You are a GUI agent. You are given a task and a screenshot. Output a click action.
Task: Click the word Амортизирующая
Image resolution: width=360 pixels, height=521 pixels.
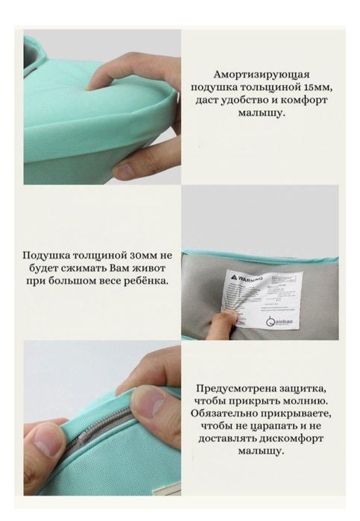[x=261, y=75]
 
